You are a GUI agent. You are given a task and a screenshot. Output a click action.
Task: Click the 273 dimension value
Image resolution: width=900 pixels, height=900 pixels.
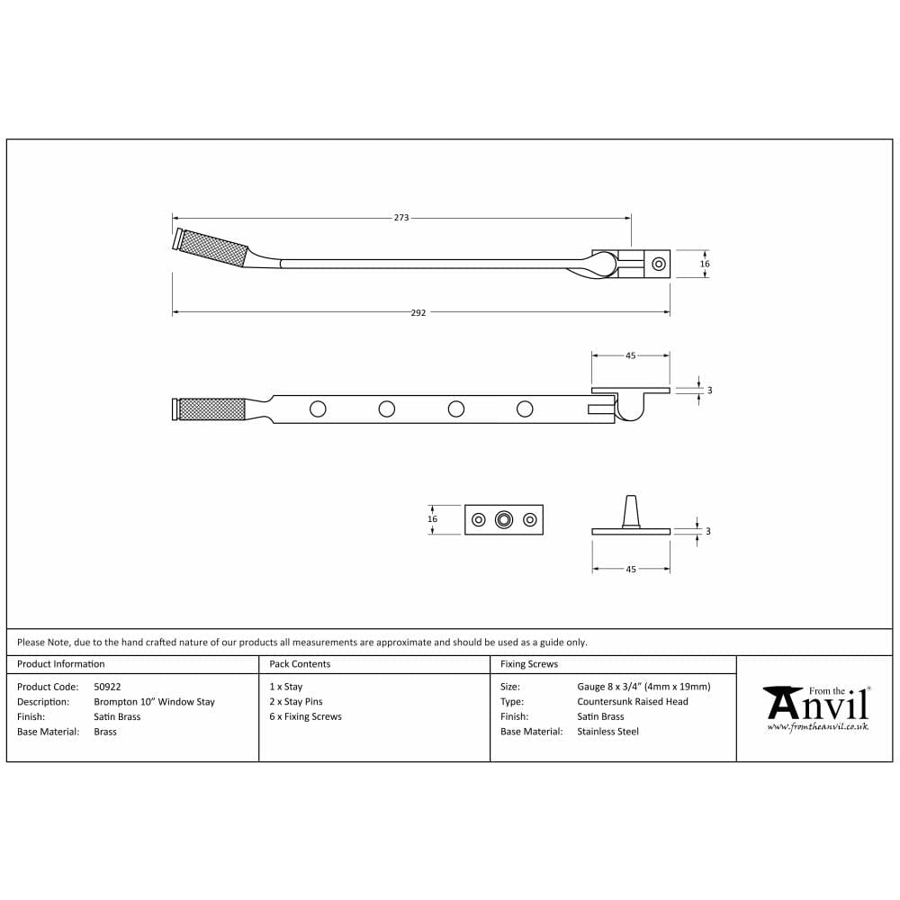click(x=401, y=218)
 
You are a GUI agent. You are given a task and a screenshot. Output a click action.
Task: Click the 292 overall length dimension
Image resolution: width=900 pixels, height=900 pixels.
click(x=418, y=313)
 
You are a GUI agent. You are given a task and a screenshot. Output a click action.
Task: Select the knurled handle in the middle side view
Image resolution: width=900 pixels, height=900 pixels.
click(x=212, y=409)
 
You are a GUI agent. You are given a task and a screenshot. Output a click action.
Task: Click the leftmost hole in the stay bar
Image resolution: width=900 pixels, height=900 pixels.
click(x=318, y=409)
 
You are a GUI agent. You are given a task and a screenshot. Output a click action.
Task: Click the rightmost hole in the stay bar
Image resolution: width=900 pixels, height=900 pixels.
click(x=525, y=409)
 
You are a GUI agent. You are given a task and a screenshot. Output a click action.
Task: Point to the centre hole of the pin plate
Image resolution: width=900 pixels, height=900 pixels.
click(x=504, y=519)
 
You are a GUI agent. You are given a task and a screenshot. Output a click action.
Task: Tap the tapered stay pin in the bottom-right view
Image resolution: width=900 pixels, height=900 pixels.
click(x=631, y=511)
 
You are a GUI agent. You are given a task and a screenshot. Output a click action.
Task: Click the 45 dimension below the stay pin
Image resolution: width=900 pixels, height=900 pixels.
click(x=631, y=570)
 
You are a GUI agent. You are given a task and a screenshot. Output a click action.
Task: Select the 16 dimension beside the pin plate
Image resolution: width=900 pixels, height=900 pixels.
click(x=433, y=519)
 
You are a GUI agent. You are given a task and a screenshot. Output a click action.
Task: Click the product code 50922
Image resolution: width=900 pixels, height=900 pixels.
click(x=107, y=687)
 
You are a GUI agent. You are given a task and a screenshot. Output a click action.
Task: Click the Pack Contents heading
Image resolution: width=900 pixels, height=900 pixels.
click(x=300, y=664)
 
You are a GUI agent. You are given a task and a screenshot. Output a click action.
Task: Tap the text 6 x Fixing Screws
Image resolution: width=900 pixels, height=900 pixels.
click(x=305, y=717)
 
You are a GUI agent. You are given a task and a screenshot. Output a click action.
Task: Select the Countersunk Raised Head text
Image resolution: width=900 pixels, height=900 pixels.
click(x=633, y=702)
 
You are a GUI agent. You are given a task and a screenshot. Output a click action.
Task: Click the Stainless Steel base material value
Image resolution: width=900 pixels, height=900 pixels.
click(x=607, y=732)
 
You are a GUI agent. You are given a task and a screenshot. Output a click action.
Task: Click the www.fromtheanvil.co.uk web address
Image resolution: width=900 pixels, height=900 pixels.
click(x=817, y=726)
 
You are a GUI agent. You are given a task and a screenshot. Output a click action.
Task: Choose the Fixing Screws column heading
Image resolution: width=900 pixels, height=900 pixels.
click(x=529, y=664)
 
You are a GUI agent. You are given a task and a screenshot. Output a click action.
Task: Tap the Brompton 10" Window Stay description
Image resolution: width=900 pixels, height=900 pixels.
click(x=154, y=702)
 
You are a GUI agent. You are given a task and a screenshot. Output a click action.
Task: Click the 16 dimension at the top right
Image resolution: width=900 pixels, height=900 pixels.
click(x=705, y=265)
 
